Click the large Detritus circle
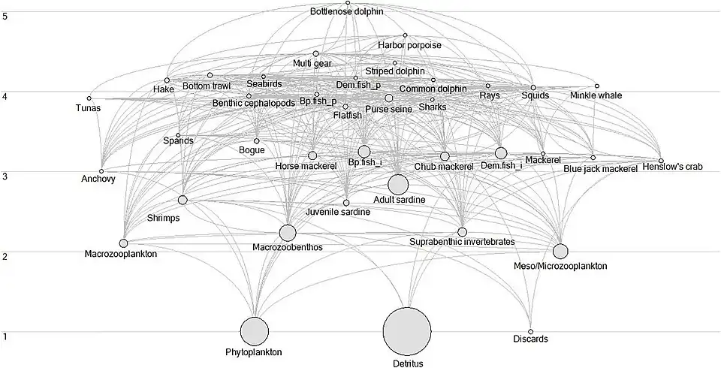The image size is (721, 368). pos(407,331)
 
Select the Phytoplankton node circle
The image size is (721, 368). pos(255,331)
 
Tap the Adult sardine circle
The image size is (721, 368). pos(398,184)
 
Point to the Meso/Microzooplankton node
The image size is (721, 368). pos(560,251)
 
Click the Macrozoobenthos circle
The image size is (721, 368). pos(288,233)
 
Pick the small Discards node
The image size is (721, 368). pos(530,331)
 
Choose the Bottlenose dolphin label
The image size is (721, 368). pos(347,13)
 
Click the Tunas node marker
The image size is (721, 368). pos(89,98)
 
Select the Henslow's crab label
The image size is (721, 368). pos(672,167)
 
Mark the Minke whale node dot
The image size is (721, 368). pos(597,86)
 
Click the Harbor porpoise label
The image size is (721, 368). pos(409,46)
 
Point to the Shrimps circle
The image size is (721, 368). pos(183,200)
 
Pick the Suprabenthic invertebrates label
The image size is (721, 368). pos(462,242)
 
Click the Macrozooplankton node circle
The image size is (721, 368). pos(123,243)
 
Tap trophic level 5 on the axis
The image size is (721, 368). pos(5,16)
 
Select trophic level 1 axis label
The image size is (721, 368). pos(5,336)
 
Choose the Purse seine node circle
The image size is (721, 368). pos(389,98)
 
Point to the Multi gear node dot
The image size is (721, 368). pos(316,54)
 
